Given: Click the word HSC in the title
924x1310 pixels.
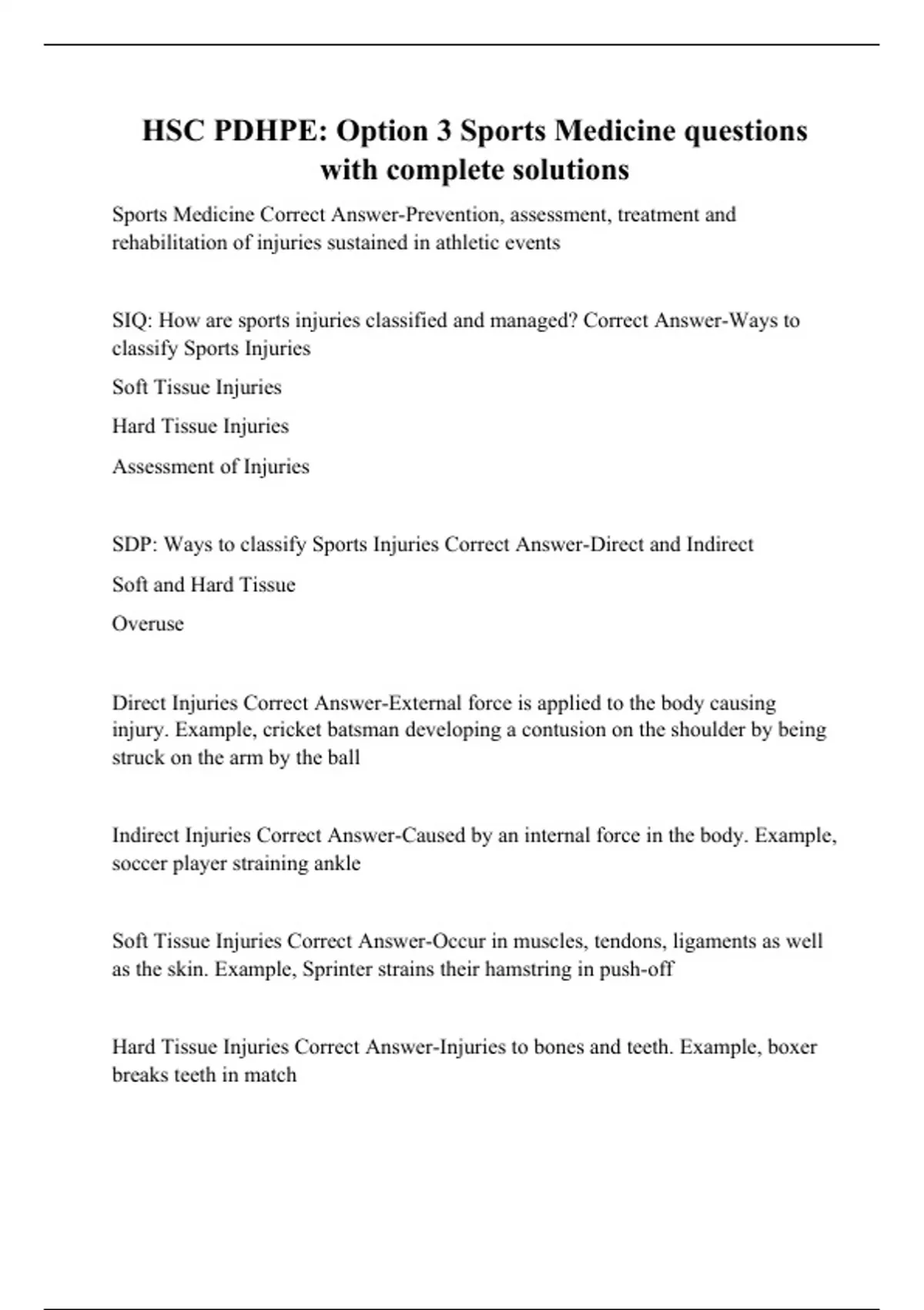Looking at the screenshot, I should pyautogui.click(x=173, y=131).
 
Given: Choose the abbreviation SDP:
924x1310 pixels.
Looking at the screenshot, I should pyautogui.click(x=135, y=545).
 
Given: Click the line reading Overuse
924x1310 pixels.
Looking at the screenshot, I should pyautogui.click(x=148, y=623).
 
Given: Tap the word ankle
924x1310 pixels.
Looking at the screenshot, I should pyautogui.click(x=337, y=863).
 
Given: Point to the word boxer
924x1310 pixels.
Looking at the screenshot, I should pyautogui.click(x=792, y=1047).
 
